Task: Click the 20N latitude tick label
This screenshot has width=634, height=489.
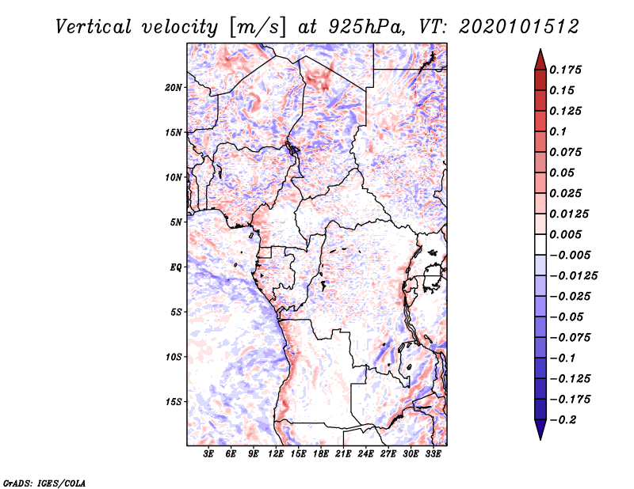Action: [x=174, y=87]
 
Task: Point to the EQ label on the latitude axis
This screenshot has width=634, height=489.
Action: [x=175, y=267]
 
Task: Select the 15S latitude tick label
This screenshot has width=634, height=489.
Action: [x=174, y=401]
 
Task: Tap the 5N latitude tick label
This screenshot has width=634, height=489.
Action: [x=176, y=222]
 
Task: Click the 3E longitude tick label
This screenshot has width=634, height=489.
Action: [x=209, y=455]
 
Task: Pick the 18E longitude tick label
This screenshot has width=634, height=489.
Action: [x=321, y=455]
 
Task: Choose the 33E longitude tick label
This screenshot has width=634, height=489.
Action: [x=433, y=455]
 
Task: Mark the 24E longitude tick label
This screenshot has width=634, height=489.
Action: [x=366, y=455]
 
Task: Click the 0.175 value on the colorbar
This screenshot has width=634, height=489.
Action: [x=567, y=70]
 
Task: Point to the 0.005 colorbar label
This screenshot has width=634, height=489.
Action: [x=567, y=234]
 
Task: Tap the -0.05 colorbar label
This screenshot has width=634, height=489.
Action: [x=567, y=317]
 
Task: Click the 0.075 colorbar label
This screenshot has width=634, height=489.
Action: [x=567, y=152]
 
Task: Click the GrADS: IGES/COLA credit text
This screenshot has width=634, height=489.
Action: [x=45, y=481]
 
